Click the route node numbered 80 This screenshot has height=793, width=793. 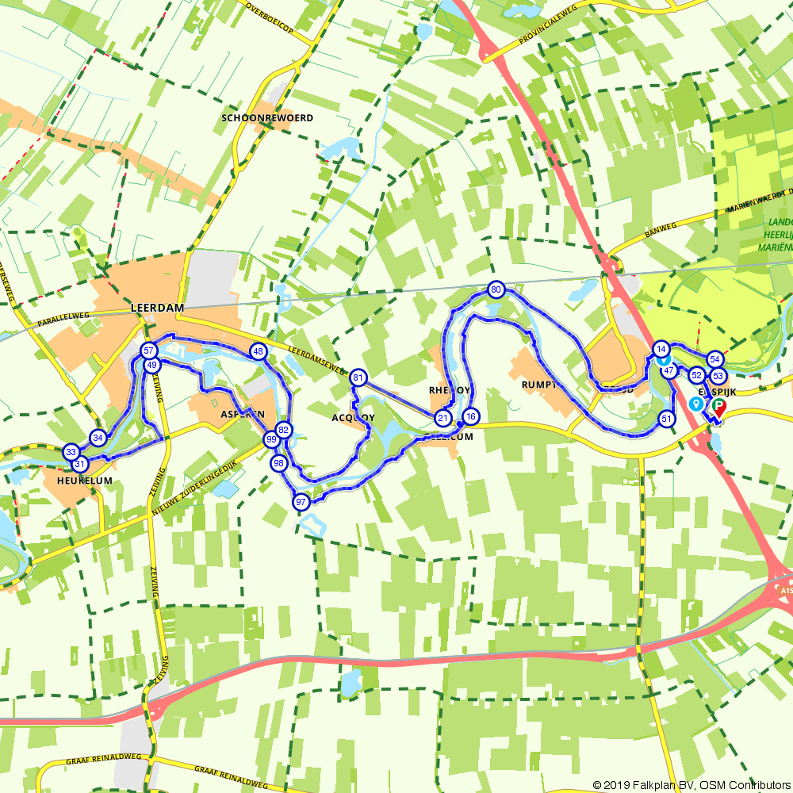(496, 289)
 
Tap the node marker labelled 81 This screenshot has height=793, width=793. (358, 377)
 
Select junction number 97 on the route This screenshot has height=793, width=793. (301, 501)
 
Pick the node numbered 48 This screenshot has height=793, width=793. (258, 351)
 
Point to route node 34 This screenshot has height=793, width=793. (98, 438)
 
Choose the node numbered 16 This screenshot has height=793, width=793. (470, 417)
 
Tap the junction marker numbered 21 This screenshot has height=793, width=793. (442, 418)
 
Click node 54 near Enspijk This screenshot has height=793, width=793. (714, 359)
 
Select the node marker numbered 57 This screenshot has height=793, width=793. (148, 351)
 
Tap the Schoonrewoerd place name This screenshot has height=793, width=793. (267, 118)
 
